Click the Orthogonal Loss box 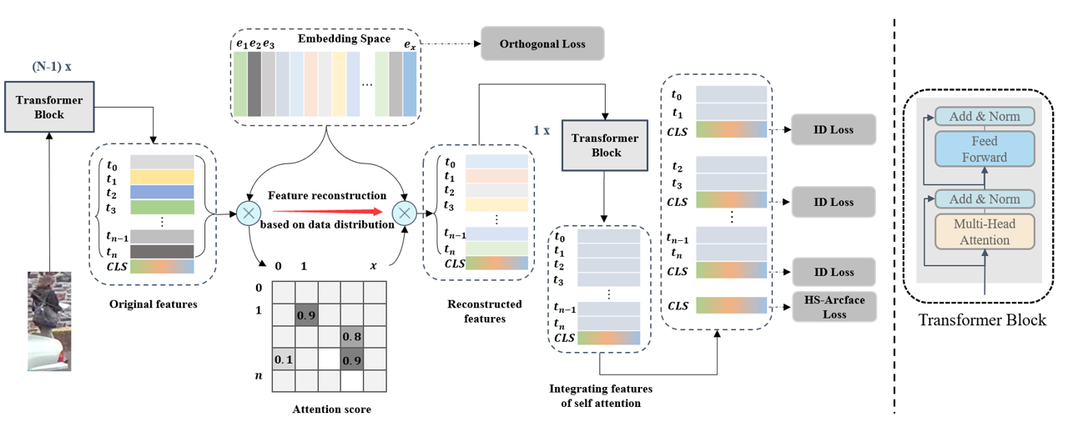542,43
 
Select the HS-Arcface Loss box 834,308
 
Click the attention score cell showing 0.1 285,359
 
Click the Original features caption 154,304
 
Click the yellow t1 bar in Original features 162,177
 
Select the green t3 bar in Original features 162,208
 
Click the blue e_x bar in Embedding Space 409,85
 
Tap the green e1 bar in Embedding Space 240,85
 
